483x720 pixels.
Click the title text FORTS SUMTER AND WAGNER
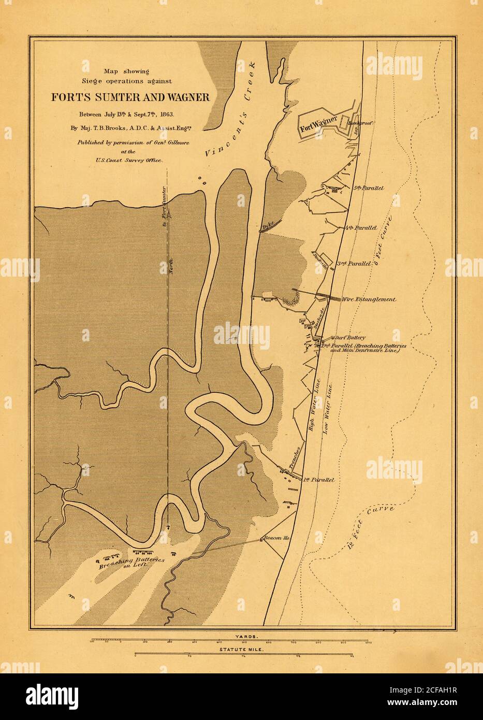pyautogui.click(x=129, y=97)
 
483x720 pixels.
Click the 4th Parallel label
pyautogui.click(x=360, y=227)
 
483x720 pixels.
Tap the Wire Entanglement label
pyautogui.click(x=369, y=299)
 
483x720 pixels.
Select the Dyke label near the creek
pyautogui.click(x=268, y=226)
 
